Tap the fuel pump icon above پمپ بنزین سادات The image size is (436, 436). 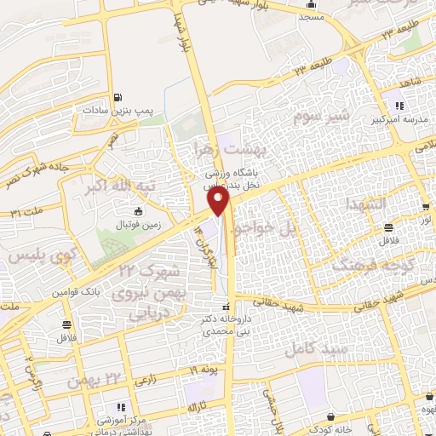tap(117, 96)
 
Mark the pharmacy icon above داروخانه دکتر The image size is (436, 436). tap(225, 306)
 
